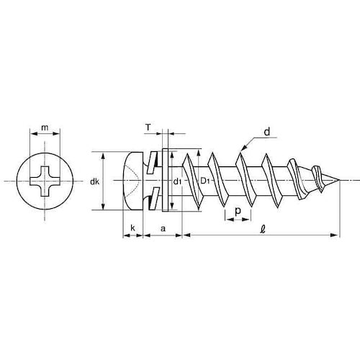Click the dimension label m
tap(45, 128)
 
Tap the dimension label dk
tap(95, 181)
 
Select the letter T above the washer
tap(148, 127)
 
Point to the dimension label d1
tap(177, 182)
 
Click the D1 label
tap(205, 181)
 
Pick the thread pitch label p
tap(238, 211)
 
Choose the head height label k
tap(132, 228)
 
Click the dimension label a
tap(163, 228)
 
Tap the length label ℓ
tap(263, 229)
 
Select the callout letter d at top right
tap(267, 132)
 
